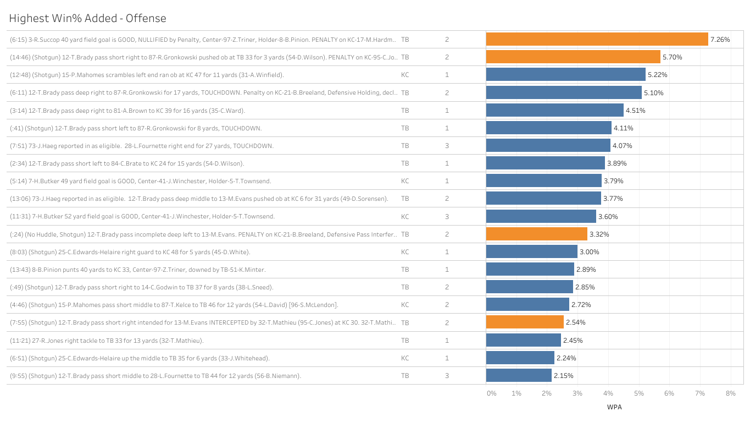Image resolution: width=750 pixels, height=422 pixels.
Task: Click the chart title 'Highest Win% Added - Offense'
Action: pos(87,19)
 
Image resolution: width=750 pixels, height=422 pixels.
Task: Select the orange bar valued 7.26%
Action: pos(597,40)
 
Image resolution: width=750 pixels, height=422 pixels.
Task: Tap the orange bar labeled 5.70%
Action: pos(573,57)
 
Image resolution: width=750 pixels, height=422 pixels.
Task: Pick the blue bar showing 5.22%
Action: pos(565,75)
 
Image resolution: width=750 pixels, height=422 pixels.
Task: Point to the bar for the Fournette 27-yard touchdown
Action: pos(548,146)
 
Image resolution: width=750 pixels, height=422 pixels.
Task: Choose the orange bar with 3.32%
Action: pos(536,234)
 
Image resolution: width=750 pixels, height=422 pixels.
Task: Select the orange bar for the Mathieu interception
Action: pos(525,322)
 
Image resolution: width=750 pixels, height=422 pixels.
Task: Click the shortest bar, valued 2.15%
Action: pos(519,376)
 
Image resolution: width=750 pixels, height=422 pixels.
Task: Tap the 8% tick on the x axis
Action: pos(730,393)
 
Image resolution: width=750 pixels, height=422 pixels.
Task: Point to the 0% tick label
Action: pos(491,393)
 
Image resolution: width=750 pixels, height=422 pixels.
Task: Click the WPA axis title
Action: pos(614,408)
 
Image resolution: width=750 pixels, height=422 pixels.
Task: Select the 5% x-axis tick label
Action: pos(638,393)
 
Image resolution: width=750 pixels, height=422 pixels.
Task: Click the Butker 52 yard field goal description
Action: pos(142,217)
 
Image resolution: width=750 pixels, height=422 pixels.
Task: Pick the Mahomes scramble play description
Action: pos(147,75)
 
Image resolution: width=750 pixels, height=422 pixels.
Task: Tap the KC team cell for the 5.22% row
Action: pos(405,75)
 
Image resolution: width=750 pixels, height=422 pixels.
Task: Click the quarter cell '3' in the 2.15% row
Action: pos(447,376)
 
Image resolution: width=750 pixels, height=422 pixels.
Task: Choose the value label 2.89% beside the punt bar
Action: pos(586,270)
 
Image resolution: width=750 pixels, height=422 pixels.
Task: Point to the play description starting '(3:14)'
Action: pos(127,111)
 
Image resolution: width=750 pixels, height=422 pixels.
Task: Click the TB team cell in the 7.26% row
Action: pos(405,40)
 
